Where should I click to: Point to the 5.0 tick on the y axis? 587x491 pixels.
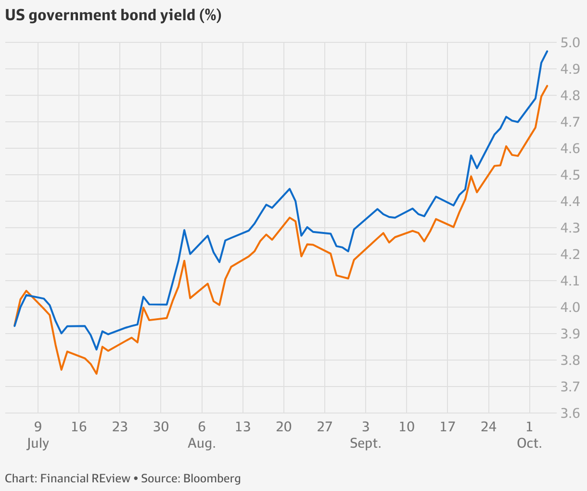click(571, 43)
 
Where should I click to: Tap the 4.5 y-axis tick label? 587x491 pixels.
click(571, 175)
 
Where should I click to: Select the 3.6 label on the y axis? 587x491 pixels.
click(571, 413)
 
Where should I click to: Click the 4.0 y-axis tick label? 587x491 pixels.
click(571, 307)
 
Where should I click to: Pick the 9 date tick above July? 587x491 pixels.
click(38, 426)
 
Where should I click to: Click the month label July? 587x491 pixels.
click(38, 443)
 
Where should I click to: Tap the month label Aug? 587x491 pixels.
click(202, 443)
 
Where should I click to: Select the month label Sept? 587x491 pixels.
click(366, 443)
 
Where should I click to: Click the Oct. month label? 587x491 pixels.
click(529, 443)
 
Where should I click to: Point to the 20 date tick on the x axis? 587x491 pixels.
click(284, 426)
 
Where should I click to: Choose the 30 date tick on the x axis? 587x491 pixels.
click(161, 426)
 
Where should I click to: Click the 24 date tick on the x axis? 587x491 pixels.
click(488, 426)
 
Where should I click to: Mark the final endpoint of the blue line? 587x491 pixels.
click(547, 51)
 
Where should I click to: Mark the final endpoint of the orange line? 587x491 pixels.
click(548, 86)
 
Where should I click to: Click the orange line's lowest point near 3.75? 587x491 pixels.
click(96, 374)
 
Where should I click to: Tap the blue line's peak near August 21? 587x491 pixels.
click(290, 189)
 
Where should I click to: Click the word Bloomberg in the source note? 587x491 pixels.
click(212, 478)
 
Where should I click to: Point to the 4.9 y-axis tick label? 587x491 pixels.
click(571, 69)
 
